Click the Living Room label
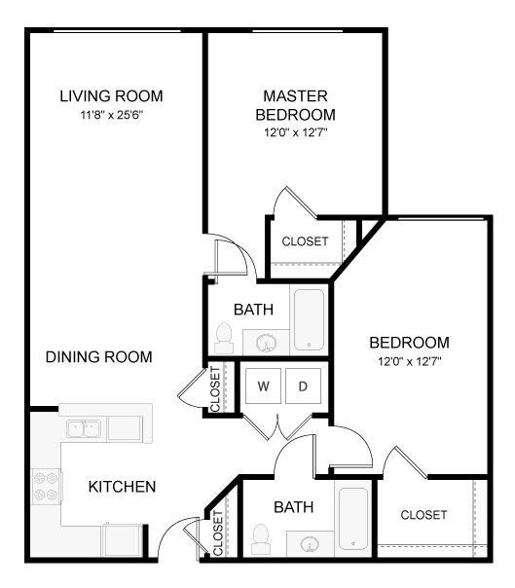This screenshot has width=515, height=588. [111, 96]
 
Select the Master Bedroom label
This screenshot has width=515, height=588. [295, 105]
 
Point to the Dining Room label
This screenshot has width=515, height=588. [99, 357]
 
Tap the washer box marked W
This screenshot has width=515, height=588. [263, 386]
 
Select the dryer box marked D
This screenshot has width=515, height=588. [303, 386]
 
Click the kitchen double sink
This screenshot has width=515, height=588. [83, 427]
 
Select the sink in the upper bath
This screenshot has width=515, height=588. [266, 342]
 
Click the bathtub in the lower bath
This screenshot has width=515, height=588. [353, 520]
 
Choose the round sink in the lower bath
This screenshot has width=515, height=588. [311, 543]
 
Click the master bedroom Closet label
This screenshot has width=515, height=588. [305, 241]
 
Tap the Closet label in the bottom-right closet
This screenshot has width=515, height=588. [423, 515]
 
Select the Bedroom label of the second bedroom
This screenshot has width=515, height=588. [409, 343]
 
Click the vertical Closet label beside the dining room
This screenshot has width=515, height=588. [215, 389]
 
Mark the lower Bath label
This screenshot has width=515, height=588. [292, 507]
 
